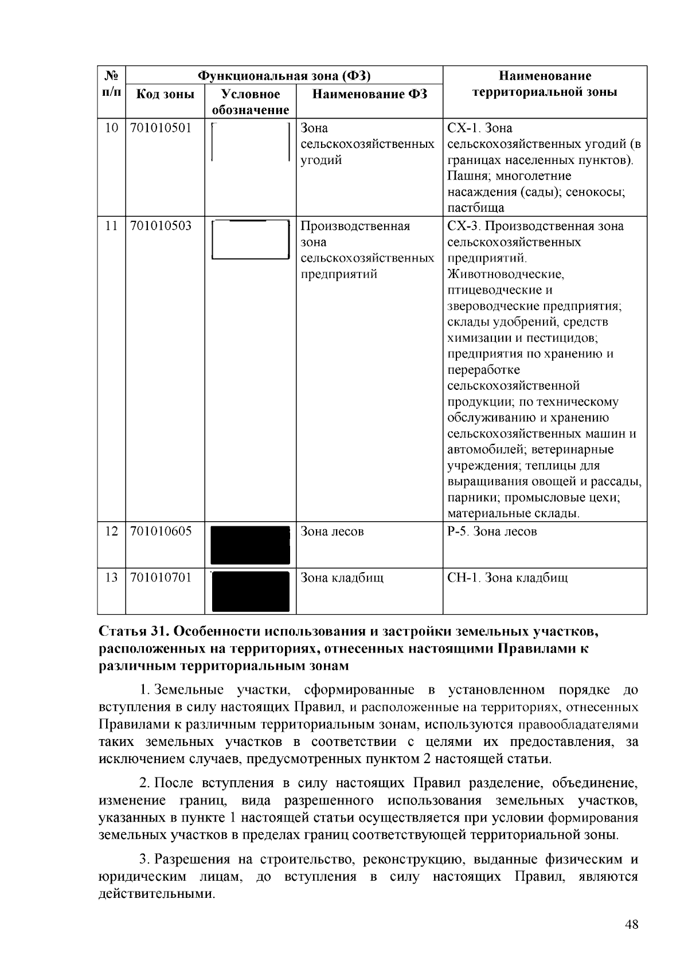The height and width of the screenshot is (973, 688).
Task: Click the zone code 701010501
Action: point(161,127)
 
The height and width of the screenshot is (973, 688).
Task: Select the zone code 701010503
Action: point(161,225)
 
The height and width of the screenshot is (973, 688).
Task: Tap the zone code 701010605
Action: point(161,531)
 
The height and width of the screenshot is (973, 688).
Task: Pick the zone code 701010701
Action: point(161,577)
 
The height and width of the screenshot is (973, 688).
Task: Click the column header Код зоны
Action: point(165,94)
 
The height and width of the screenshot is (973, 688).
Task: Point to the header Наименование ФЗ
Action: point(369,94)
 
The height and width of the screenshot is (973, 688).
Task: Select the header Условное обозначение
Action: point(251,101)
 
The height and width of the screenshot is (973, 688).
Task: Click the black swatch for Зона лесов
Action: point(251,545)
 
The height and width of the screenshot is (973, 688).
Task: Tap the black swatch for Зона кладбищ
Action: point(251,591)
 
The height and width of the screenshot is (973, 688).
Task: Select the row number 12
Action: point(111,531)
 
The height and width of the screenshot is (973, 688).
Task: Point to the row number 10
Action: point(111,127)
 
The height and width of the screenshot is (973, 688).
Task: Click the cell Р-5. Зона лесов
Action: point(492,532)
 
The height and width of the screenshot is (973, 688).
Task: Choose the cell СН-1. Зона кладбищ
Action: point(507,577)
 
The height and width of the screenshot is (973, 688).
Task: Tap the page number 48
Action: point(631,924)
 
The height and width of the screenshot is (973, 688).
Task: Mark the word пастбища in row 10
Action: point(476,208)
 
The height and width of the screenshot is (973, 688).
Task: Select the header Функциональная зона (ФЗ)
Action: point(284,76)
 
